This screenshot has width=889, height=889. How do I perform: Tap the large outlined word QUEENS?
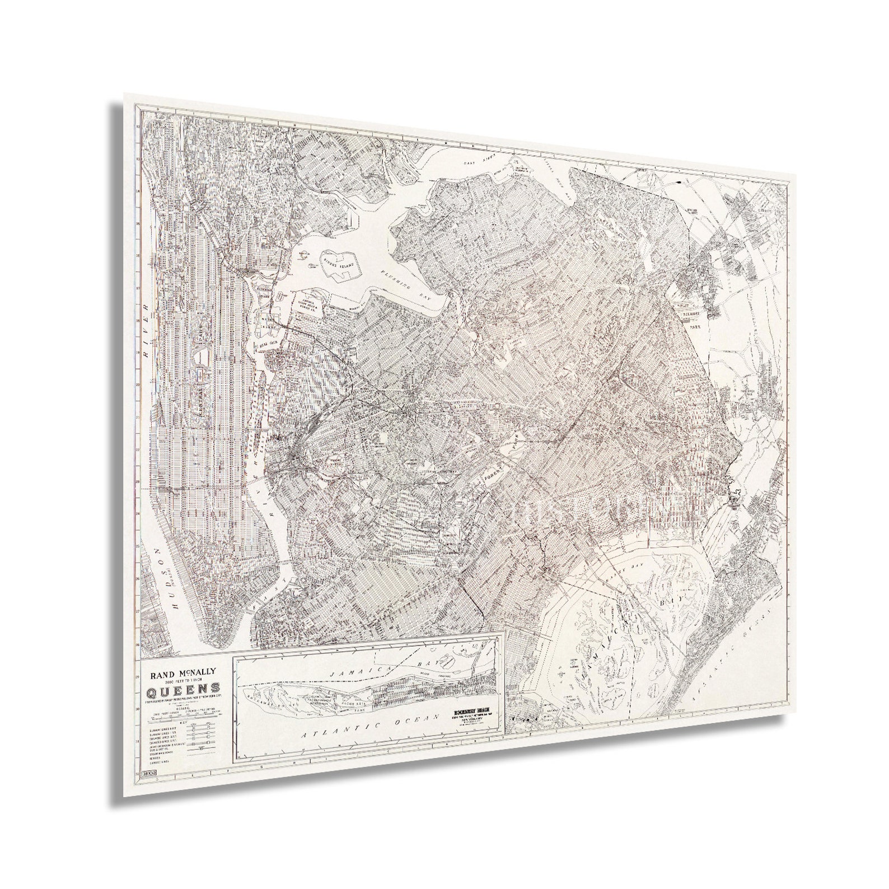point(183,690)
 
